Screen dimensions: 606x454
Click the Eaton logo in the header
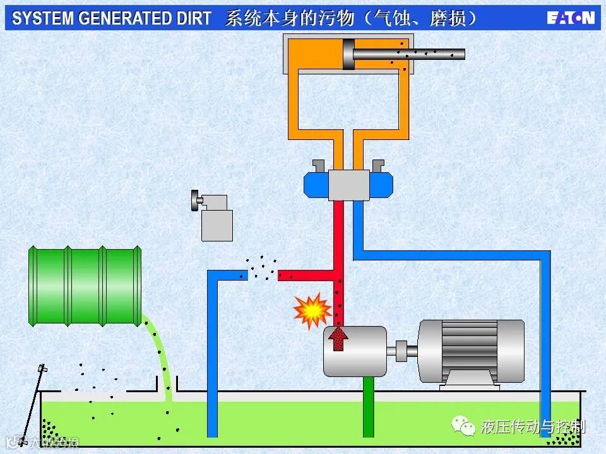[x=571, y=18]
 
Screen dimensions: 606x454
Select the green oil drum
[x=85, y=286]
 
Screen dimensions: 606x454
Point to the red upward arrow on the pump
[x=340, y=339]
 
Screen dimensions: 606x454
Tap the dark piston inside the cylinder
[x=347, y=54]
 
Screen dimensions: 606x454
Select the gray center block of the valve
[x=348, y=185]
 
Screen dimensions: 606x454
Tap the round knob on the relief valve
[x=194, y=201]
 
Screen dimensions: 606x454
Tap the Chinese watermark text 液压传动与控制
[x=532, y=427]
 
